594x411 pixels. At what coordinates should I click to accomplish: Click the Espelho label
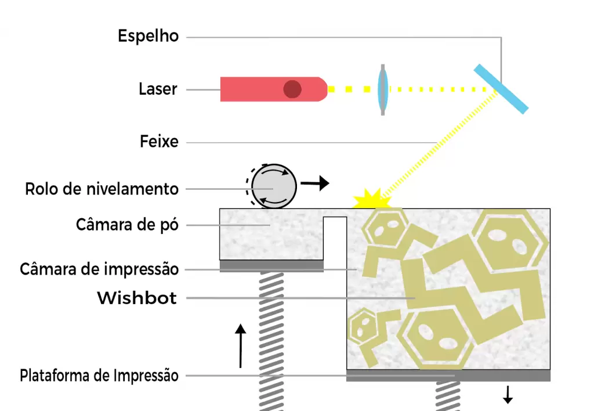click(x=148, y=37)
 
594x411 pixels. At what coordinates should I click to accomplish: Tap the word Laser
click(x=158, y=89)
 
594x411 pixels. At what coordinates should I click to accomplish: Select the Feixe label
click(x=159, y=142)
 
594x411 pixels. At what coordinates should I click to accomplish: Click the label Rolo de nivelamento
click(x=102, y=189)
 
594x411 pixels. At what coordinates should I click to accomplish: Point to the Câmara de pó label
click(x=127, y=225)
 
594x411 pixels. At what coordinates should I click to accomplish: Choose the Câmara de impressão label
click(x=99, y=269)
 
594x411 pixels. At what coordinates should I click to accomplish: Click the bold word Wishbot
click(x=137, y=298)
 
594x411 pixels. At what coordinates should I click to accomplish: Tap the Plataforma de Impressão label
click(x=99, y=376)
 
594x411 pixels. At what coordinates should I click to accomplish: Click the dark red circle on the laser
click(x=292, y=89)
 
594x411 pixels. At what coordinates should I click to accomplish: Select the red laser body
click(x=274, y=89)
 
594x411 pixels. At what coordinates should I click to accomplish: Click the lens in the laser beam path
click(x=383, y=89)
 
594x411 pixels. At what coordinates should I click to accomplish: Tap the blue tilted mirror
click(x=501, y=89)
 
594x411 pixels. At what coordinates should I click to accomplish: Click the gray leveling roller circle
click(x=274, y=186)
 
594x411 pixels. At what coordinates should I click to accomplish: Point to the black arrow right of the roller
click(x=315, y=183)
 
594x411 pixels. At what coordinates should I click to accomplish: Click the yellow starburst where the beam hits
click(x=372, y=200)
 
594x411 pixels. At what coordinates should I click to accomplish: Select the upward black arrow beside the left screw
click(x=240, y=346)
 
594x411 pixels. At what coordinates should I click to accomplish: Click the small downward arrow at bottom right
click(x=508, y=395)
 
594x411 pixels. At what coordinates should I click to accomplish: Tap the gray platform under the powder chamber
click(x=271, y=266)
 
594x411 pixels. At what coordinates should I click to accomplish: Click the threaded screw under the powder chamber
click(x=271, y=341)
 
